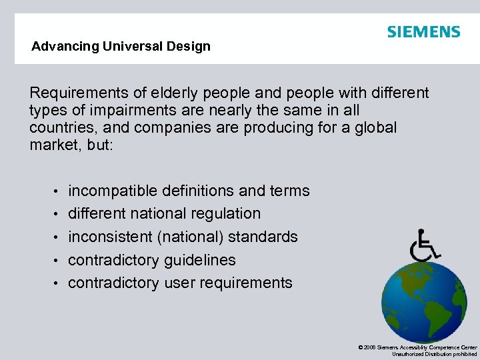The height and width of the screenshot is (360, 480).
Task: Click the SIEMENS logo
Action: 423,32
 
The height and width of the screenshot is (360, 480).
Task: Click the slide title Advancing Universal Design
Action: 121,47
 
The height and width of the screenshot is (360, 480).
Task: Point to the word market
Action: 53,145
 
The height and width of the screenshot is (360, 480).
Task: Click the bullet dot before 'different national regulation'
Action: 58,215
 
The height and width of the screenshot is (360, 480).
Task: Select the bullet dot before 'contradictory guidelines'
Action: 58,261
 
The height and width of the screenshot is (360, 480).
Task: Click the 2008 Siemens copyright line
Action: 417,347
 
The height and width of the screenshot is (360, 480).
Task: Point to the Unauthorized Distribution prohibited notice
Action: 435,355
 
